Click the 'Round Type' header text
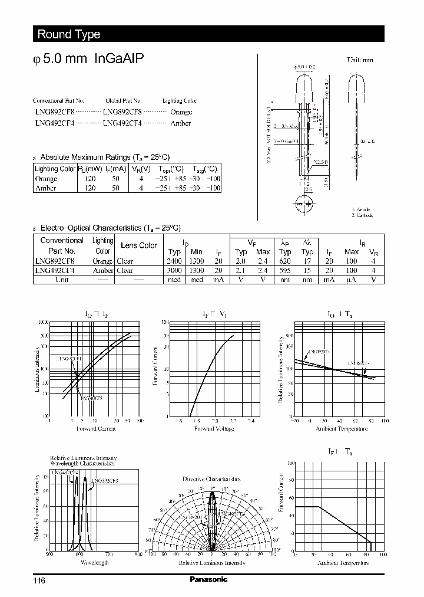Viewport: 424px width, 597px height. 69,34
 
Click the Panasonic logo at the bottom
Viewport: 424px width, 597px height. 208,579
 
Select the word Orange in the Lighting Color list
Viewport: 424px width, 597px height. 181,111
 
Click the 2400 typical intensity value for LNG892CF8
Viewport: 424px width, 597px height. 174,261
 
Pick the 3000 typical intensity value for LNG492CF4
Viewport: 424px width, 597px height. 174,271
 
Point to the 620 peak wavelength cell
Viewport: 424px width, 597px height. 286,261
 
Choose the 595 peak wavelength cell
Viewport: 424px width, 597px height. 286,271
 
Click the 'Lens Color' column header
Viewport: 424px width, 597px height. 138,245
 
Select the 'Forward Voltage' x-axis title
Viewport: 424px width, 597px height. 213,429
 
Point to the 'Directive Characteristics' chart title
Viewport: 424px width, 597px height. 211,479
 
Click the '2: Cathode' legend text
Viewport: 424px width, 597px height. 363,215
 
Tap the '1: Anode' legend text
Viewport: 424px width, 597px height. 361,209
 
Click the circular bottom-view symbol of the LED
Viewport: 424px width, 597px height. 306,204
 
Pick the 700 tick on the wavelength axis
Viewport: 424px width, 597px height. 109,555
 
